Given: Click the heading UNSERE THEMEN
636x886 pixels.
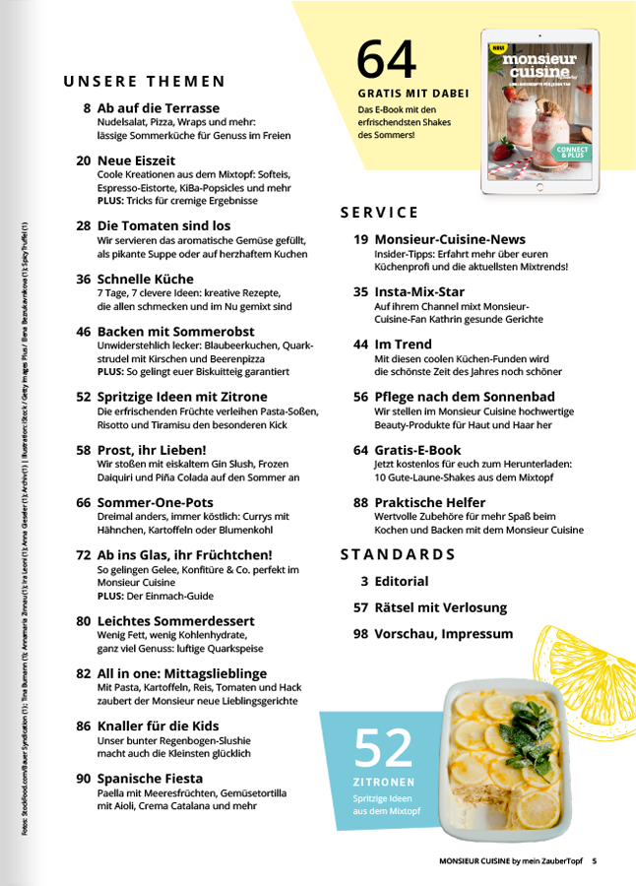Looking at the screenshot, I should coord(145,82).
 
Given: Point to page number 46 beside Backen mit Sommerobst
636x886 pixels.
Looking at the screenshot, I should coord(84,333).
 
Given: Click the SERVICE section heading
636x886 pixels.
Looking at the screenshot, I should coord(379,213).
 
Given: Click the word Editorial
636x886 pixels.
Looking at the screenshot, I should coord(402,581).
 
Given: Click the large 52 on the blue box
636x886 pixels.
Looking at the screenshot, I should coord(383,749).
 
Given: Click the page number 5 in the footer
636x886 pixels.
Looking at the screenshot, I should coord(595,861).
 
